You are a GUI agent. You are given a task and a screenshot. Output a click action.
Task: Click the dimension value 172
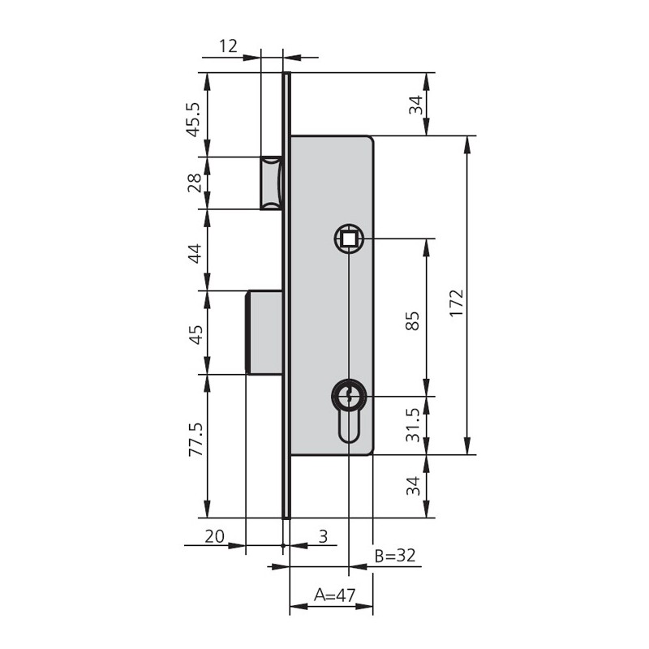click(x=457, y=303)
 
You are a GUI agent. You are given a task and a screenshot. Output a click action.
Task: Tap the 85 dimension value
click(x=412, y=320)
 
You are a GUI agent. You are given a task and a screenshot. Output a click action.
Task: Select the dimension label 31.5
click(x=413, y=424)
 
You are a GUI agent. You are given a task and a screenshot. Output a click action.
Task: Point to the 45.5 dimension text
click(x=194, y=119)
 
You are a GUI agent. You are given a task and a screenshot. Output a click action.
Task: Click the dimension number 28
click(x=195, y=183)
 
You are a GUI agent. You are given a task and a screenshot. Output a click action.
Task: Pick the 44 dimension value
click(x=195, y=254)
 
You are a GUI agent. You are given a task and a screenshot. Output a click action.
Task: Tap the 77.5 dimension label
click(x=196, y=440)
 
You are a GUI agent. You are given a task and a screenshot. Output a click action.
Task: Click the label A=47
click(x=334, y=595)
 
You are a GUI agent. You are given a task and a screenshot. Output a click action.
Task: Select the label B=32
click(x=395, y=556)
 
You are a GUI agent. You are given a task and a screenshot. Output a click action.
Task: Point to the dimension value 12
click(x=228, y=46)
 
